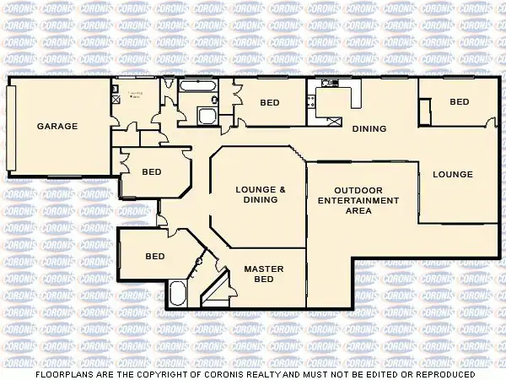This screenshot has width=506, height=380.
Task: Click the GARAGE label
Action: coord(57,127)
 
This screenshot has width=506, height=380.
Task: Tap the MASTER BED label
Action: coord(264,274)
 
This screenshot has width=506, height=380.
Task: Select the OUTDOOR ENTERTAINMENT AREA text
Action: coord(358,200)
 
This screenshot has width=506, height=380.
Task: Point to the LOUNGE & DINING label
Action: coord(261,194)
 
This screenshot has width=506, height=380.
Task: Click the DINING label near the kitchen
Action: coord(369,129)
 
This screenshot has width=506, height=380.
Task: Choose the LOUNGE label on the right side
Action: coord(453,175)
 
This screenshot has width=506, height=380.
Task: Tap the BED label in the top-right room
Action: coord(459,102)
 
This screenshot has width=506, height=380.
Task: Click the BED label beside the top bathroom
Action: coord(269,103)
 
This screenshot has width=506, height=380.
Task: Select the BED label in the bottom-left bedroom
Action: coord(154,257)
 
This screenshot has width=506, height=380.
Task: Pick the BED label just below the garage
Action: coord(151,171)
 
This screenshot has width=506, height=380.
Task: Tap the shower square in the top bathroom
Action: coord(207,116)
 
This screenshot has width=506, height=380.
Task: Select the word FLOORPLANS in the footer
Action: coord(63,374)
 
